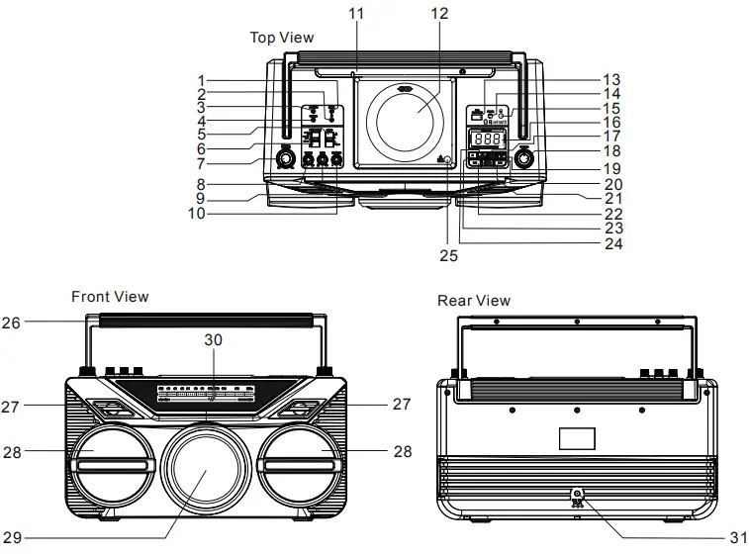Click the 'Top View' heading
click(x=282, y=38)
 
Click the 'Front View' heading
click(x=110, y=296)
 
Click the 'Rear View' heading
click(x=474, y=300)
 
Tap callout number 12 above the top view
click(x=438, y=14)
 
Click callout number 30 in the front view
click(x=213, y=339)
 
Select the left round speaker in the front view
click(x=109, y=461)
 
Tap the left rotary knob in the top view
click(x=287, y=159)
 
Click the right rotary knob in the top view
click(x=524, y=158)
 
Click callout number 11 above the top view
click(x=356, y=14)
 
